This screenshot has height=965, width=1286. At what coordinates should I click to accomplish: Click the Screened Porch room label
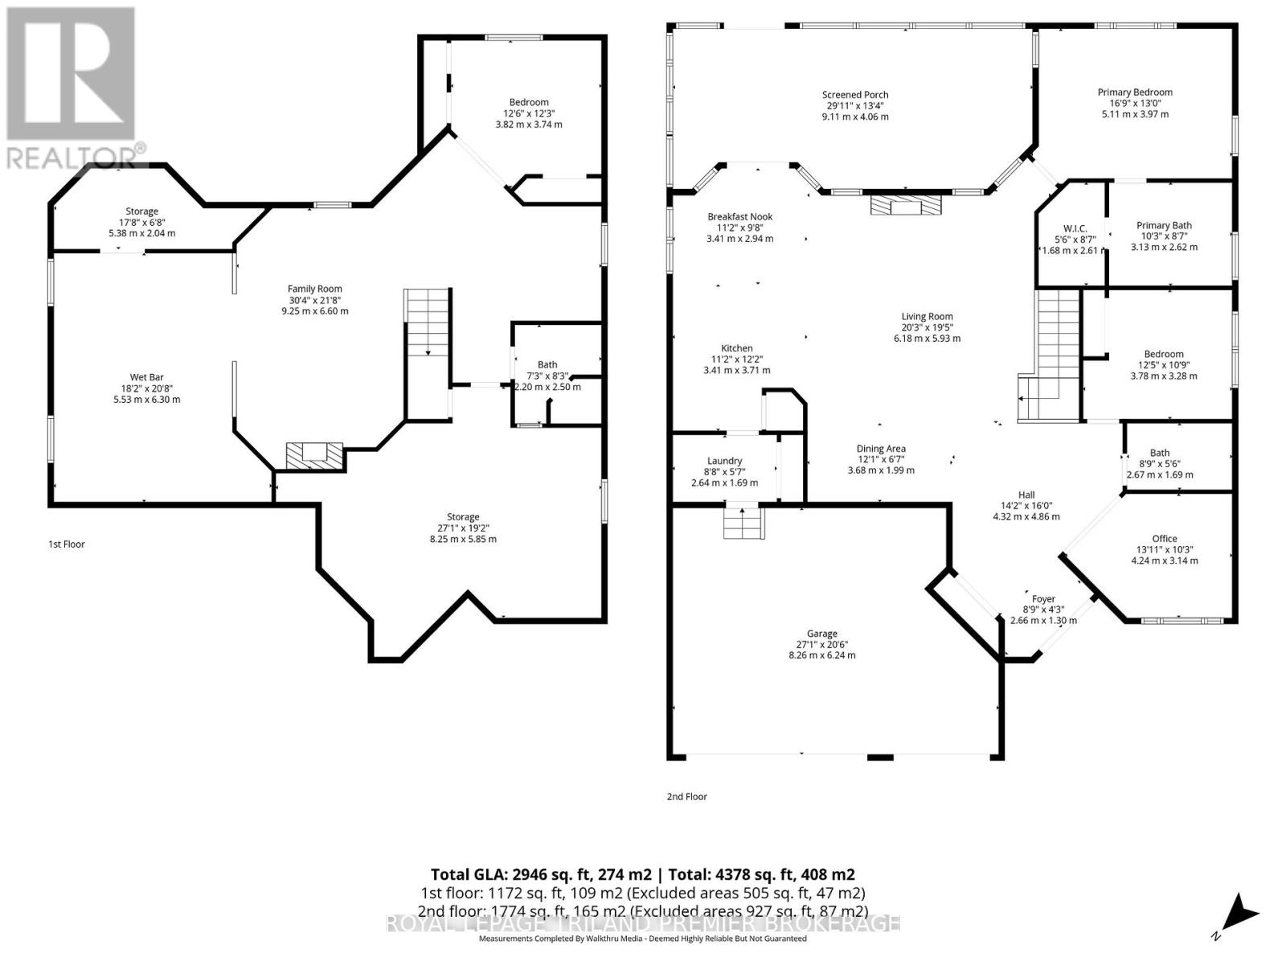coord(855,95)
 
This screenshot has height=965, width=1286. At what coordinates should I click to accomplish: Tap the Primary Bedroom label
coord(1135,92)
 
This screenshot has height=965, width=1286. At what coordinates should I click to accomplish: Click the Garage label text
coord(822,634)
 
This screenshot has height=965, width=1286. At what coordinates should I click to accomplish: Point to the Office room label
coord(1164,539)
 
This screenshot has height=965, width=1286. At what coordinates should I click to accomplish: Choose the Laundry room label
coord(724,461)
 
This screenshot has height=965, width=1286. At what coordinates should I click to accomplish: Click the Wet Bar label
coord(146,377)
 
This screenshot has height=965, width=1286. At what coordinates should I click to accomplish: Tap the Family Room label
coord(315,289)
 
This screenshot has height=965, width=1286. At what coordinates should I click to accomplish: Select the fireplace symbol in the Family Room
coord(314,454)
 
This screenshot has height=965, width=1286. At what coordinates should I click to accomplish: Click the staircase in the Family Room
coord(426,322)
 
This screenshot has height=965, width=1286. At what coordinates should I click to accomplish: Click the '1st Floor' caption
coord(67,544)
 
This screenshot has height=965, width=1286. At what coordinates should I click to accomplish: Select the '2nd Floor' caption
coord(686,797)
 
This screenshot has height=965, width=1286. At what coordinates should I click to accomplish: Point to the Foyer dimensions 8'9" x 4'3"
coord(1043,610)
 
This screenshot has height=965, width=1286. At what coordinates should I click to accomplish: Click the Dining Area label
coord(881,449)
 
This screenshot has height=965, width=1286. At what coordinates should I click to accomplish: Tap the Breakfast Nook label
coord(739,216)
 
